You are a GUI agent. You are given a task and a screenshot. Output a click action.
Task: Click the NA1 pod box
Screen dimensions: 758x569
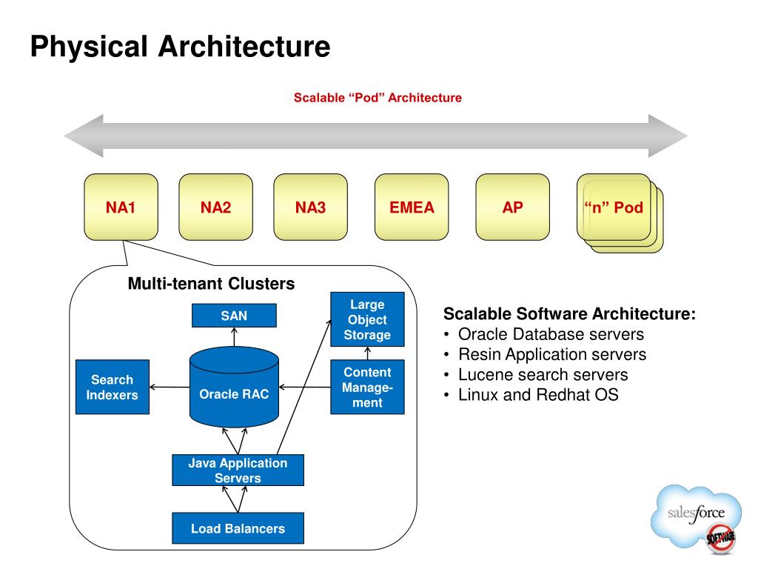point(121,207)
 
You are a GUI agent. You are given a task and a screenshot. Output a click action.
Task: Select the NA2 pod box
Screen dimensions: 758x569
point(215,207)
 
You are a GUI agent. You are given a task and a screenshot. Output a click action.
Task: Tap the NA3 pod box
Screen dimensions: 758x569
point(310,207)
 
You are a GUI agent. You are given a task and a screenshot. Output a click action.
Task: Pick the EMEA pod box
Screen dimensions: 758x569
point(412,207)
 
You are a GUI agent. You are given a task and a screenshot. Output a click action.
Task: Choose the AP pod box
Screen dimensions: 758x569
point(512,207)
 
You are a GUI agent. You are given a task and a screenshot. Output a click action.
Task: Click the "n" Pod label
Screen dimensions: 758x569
point(614,207)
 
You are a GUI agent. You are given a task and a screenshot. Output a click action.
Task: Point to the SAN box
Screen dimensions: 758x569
point(234,316)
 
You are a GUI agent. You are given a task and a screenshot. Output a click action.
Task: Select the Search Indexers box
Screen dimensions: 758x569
point(113,387)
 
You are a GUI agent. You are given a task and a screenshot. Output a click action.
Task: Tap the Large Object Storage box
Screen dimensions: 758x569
point(367,319)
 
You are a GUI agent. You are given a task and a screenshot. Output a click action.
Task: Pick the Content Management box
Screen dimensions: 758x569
point(367,387)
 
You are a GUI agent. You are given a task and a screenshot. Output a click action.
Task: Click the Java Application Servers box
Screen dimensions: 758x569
point(238,470)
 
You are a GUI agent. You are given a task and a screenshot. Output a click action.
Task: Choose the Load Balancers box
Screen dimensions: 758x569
point(238,528)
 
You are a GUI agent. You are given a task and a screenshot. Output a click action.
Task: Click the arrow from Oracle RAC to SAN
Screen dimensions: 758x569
point(234,337)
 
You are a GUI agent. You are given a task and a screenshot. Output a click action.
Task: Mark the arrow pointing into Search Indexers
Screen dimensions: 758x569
point(170,387)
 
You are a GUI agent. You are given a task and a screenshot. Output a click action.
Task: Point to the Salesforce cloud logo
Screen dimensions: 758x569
point(696,516)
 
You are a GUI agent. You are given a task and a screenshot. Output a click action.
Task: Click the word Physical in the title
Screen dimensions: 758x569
point(89,47)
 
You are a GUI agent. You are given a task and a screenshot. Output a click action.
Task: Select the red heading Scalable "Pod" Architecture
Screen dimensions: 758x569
point(378,98)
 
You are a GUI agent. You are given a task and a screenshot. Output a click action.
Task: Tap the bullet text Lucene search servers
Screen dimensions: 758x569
point(543,374)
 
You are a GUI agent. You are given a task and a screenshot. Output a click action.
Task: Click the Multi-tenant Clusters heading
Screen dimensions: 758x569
point(211,284)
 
